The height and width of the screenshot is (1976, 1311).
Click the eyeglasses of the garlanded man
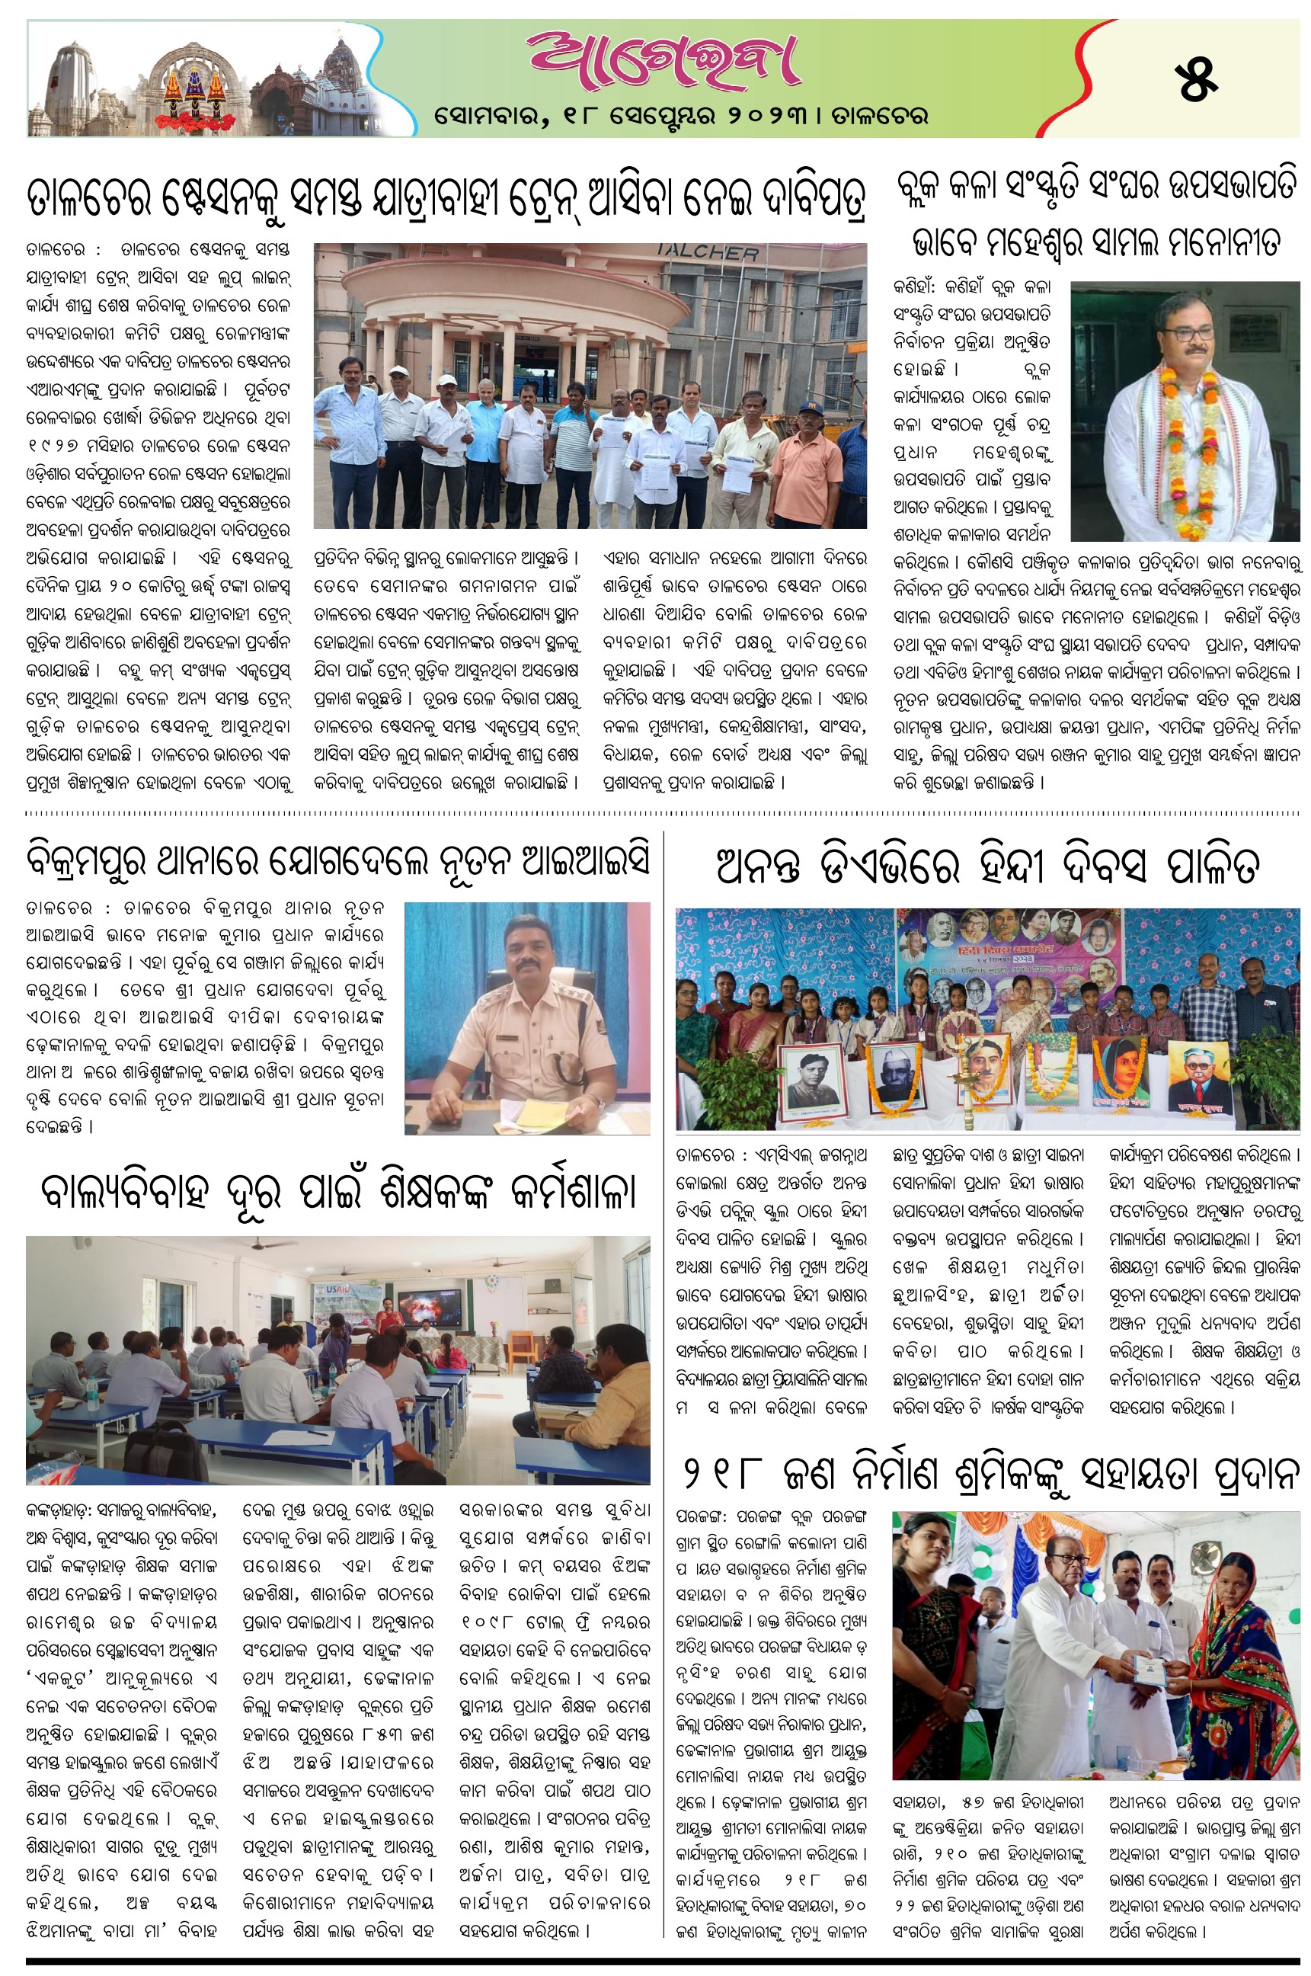[x=1189, y=332]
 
